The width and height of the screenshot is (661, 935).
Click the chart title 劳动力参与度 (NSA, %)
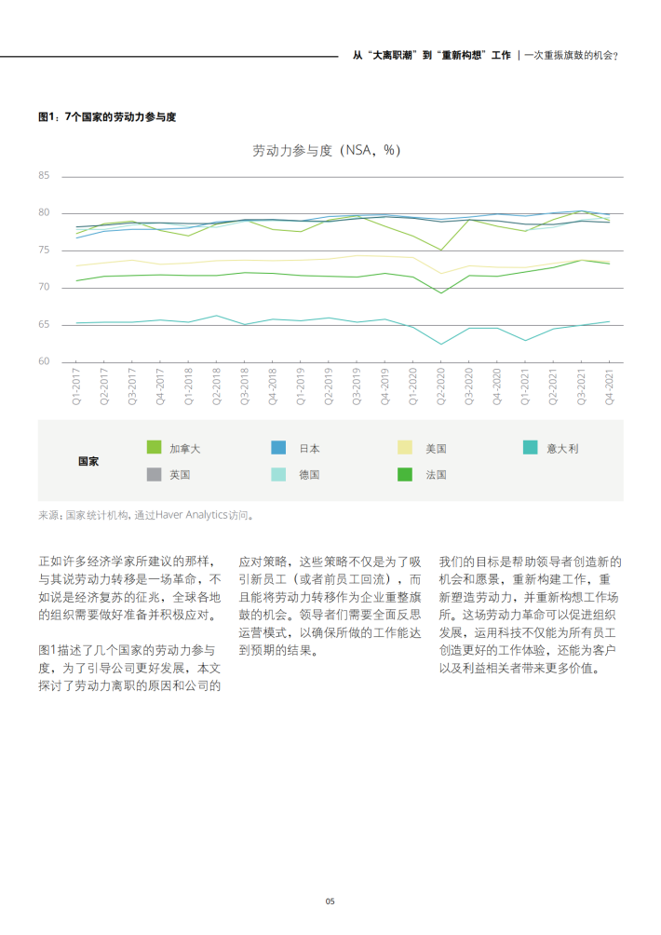327,150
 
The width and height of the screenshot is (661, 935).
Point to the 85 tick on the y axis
44,175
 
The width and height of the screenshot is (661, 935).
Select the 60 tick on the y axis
44,361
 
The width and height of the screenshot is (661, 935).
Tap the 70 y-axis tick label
44,287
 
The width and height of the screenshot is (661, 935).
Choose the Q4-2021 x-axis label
609,385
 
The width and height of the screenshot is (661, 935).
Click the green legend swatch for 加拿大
155,448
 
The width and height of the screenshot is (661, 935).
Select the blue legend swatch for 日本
278,448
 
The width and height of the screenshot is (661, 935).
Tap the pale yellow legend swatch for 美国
405,448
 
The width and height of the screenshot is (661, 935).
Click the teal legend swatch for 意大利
530,448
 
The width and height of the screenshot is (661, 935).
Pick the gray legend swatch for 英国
155,474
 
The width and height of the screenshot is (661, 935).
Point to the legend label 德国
309,474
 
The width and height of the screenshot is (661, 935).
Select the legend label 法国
436,474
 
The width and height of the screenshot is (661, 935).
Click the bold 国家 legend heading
88,461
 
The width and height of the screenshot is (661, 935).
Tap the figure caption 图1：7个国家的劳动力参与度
107,116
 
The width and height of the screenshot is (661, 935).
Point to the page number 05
330,901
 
